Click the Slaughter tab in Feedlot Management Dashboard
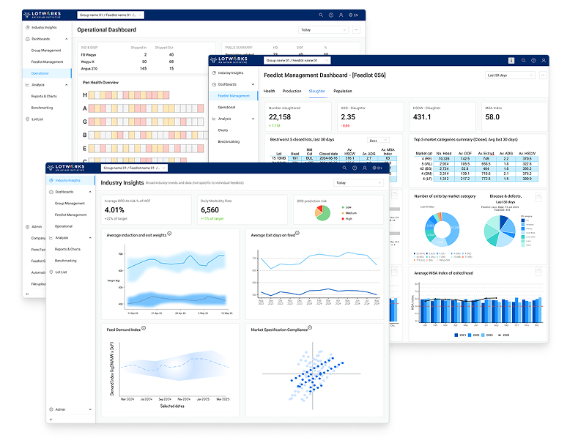[x=316, y=91]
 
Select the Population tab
[x=342, y=91]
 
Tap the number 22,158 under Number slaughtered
[x=280, y=117]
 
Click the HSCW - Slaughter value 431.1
[x=423, y=117]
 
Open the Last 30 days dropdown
[x=510, y=75]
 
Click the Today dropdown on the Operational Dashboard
[x=323, y=30]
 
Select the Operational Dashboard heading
[x=106, y=30]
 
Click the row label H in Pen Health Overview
[x=84, y=94]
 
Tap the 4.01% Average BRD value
[x=118, y=210]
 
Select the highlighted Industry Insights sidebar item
[x=68, y=180]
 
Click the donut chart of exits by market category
[x=441, y=229]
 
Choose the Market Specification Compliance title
[x=279, y=330]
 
